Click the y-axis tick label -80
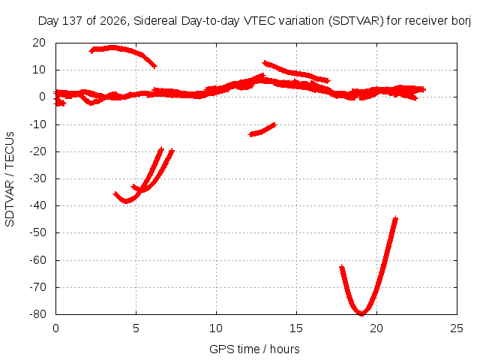pyautogui.click(x=37, y=314)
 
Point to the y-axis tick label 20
pyautogui.click(x=39, y=43)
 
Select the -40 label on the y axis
pyautogui.click(x=37, y=205)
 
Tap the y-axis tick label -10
pyautogui.click(x=37, y=124)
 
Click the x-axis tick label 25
pyautogui.click(x=457, y=328)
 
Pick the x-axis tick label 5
pyautogui.click(x=136, y=328)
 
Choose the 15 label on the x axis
pyautogui.click(x=296, y=328)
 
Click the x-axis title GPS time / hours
pyautogui.click(x=254, y=349)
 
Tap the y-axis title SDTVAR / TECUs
pyautogui.click(x=10, y=179)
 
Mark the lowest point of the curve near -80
pyautogui.click(x=361, y=313)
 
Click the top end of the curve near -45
pyautogui.click(x=396, y=218)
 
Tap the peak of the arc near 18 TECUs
pyautogui.click(x=112, y=47)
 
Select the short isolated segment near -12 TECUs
pyautogui.click(x=262, y=130)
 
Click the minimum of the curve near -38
pyautogui.click(x=126, y=202)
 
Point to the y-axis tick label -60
pyautogui.click(x=37, y=260)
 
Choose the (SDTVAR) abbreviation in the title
pyautogui.click(x=356, y=21)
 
